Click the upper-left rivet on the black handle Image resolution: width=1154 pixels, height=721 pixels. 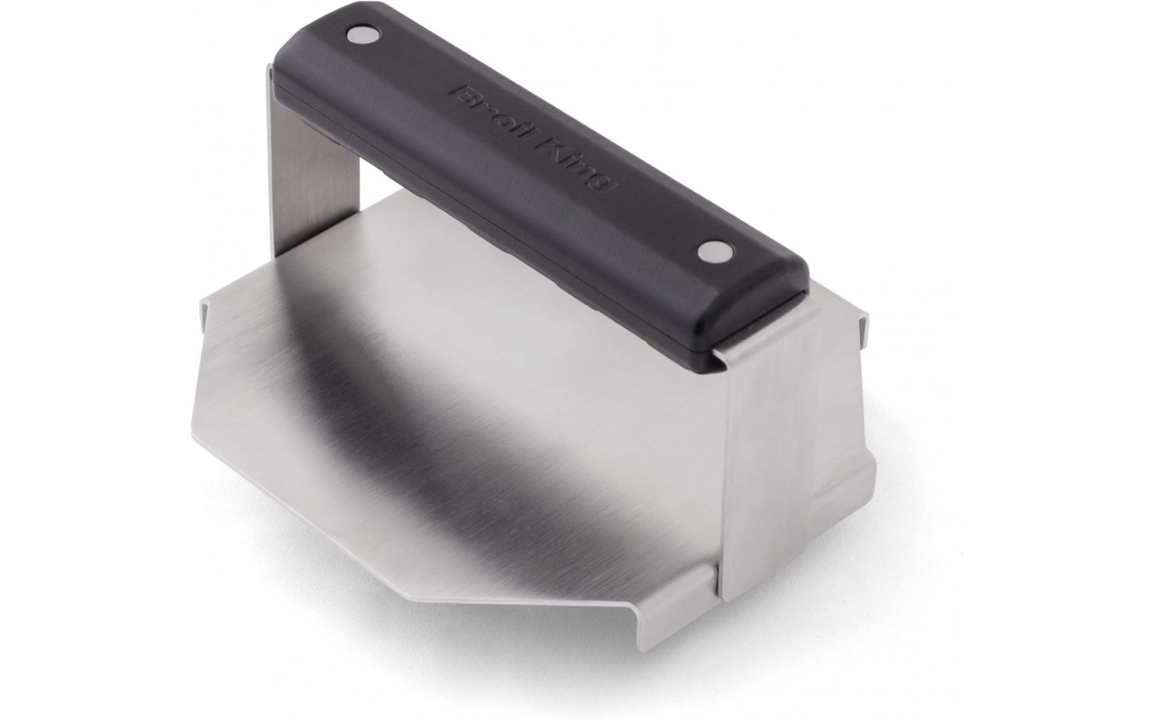tap(362, 34)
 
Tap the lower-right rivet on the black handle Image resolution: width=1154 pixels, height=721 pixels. tap(716, 251)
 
